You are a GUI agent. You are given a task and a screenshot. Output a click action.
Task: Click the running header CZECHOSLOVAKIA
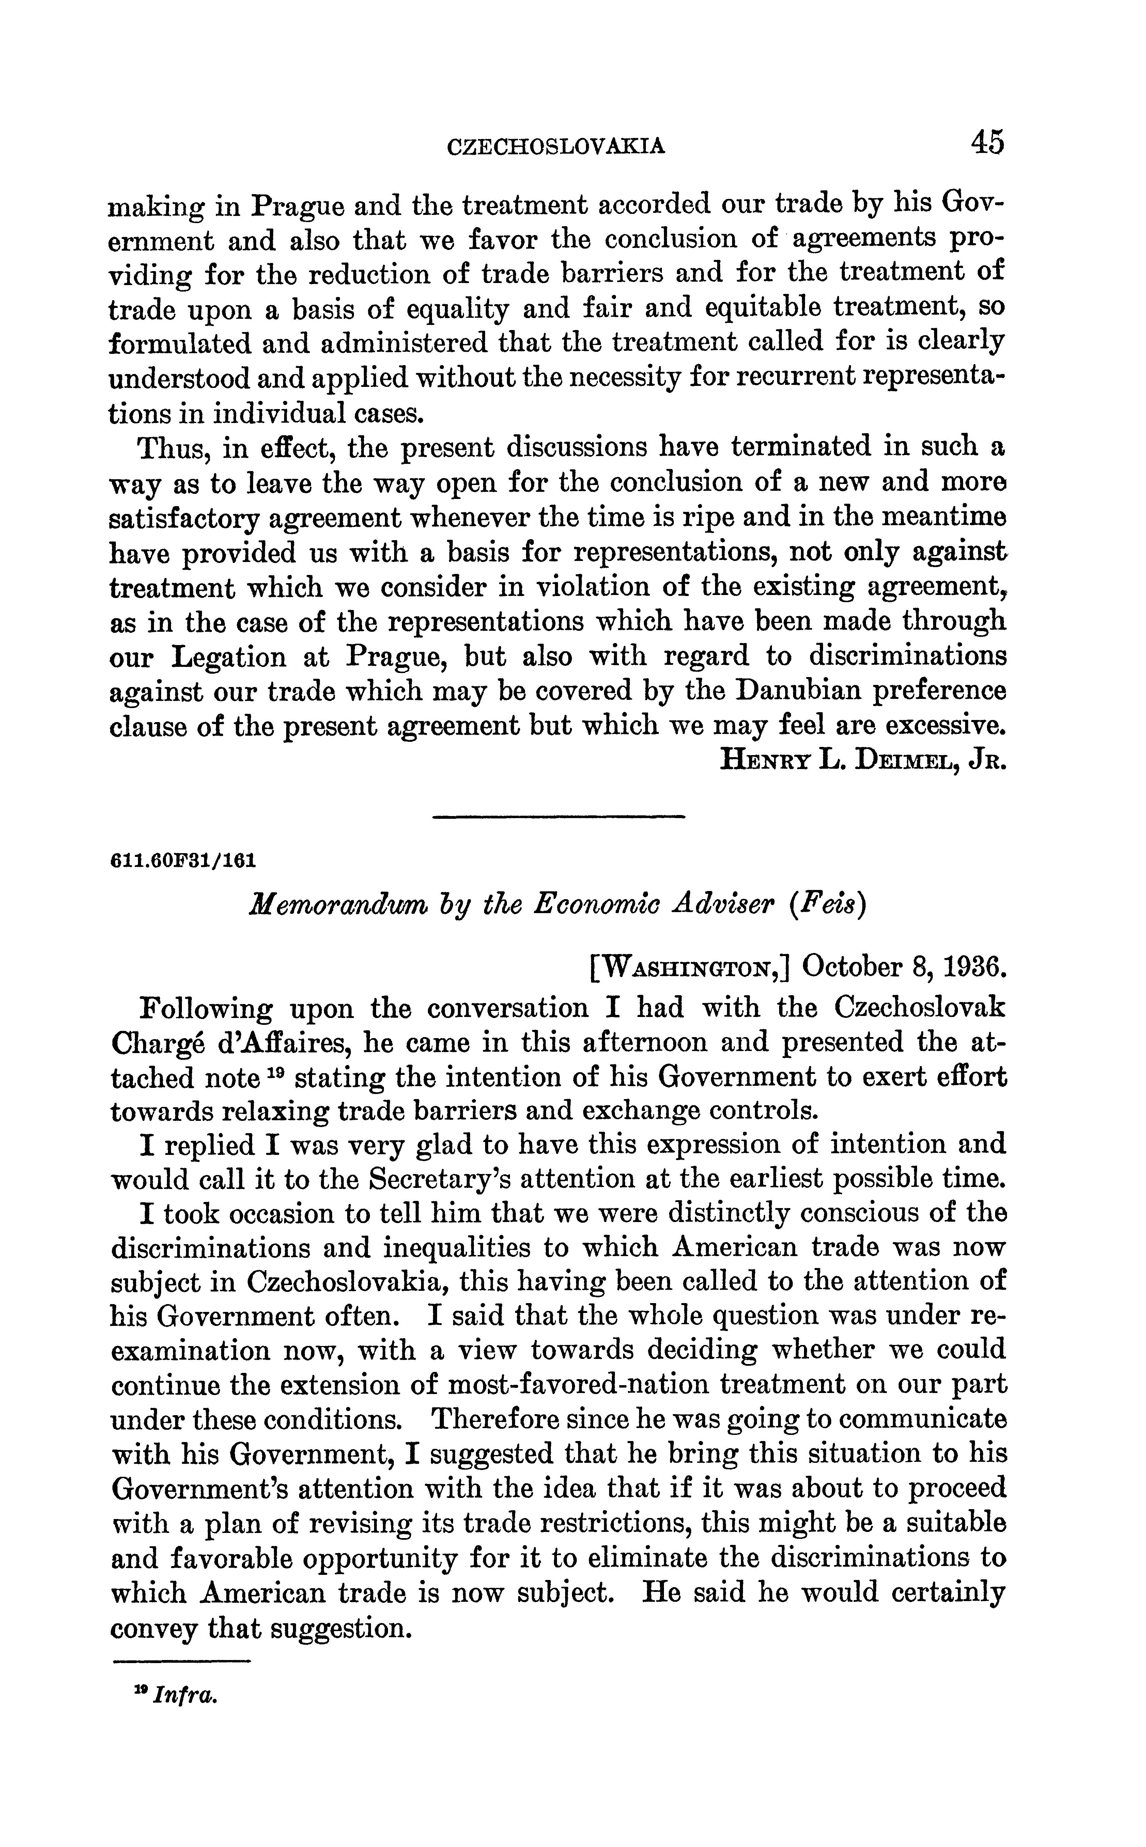click(x=557, y=145)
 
